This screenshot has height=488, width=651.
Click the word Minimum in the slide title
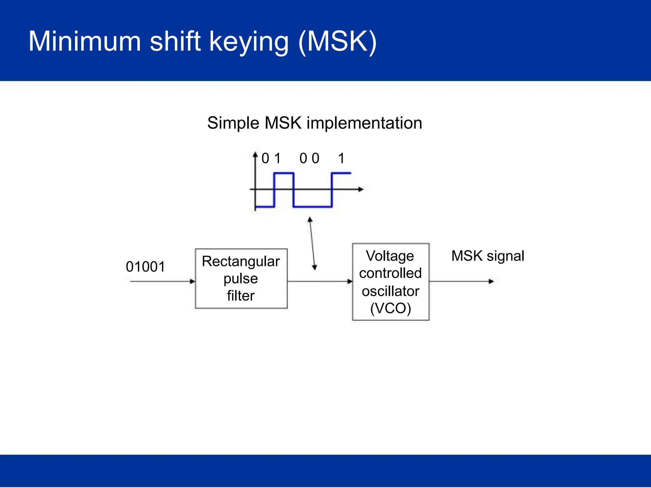[85, 41]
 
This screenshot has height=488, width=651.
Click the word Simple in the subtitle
[233, 123]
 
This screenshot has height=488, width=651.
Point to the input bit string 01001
[145, 267]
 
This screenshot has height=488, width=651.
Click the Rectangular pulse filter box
[241, 278]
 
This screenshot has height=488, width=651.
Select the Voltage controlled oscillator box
[390, 281]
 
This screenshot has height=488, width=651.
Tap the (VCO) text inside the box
[390, 308]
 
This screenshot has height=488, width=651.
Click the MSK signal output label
[488, 256]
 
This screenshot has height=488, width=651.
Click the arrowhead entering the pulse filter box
[192, 281]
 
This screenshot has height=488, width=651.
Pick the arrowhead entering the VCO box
[350, 281]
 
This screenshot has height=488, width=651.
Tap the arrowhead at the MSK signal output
[491, 281]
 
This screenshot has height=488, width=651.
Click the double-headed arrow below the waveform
[312, 244]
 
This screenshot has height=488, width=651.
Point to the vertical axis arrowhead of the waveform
[255, 155]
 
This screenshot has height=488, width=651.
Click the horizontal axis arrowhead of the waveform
[360, 189]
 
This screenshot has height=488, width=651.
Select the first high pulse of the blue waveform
[284, 173]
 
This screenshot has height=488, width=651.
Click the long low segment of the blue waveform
[313, 207]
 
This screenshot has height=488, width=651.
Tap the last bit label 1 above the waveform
[341, 158]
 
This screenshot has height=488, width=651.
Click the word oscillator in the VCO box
[390, 291]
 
